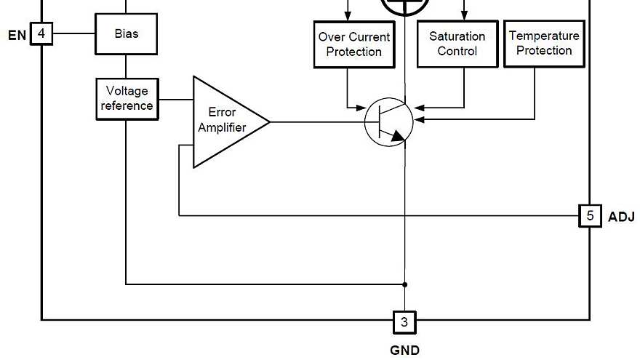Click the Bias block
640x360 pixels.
point(126,33)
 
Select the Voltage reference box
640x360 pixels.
point(127,99)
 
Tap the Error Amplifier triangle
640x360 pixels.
point(225,121)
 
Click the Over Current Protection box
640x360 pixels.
point(353,44)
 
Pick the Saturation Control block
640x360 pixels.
point(457,44)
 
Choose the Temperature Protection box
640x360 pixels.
point(544,43)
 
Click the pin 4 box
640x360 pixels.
point(41,33)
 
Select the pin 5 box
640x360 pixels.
point(590,216)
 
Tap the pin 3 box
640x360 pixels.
point(405,321)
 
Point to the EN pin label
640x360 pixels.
point(16,34)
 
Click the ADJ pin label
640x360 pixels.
point(621,217)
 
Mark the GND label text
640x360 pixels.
point(404,350)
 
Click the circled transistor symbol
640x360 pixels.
point(388,121)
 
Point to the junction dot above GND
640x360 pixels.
point(405,284)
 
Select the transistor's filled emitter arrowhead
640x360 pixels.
point(396,135)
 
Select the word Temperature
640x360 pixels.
point(544,36)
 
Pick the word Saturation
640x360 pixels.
point(457,36)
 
